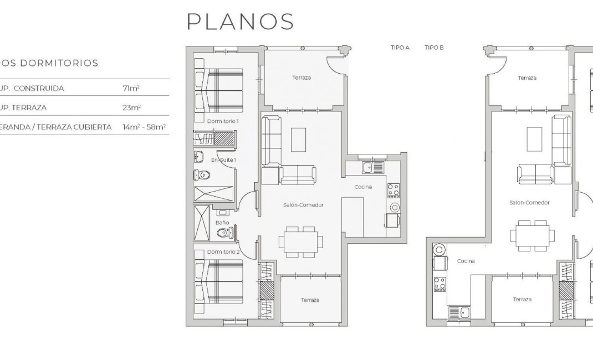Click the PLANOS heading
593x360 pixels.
[241, 22]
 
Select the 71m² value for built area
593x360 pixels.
[131, 88]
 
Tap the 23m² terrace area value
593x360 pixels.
[131, 107]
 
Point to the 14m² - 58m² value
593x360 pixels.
[144, 127]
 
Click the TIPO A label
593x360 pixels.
[400, 48]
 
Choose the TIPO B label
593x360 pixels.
[434, 48]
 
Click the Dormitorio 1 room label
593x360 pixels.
[222, 121]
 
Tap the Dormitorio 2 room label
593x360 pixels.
[223, 251]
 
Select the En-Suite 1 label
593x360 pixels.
[223, 160]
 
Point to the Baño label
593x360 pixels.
[222, 222]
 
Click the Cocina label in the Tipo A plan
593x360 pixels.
[363, 187]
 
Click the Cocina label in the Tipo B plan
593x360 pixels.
[466, 261]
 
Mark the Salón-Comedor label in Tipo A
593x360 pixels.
[303, 205]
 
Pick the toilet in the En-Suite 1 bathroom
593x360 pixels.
[202, 176]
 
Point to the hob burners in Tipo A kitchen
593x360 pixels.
[393, 190]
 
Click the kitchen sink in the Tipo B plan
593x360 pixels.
[459, 313]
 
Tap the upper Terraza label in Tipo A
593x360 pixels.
[301, 78]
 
